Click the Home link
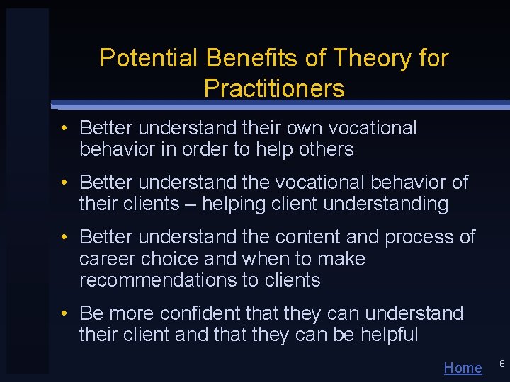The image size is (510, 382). click(463, 368)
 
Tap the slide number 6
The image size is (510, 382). click(501, 364)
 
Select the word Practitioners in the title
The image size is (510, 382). click(274, 88)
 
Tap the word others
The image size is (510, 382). click(327, 149)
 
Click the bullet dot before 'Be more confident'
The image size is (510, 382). click(64, 313)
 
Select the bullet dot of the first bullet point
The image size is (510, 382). click(64, 129)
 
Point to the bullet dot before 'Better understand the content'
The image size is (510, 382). click(64, 237)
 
